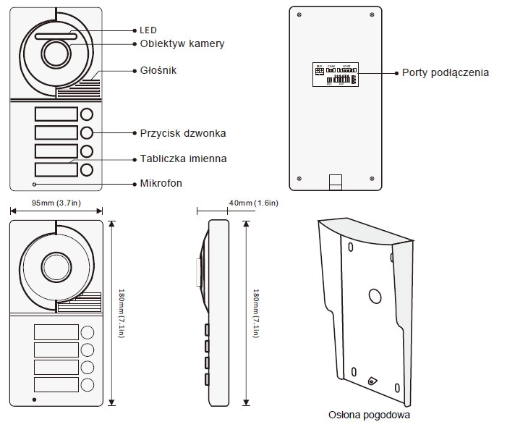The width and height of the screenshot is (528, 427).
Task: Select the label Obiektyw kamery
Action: pos(182,44)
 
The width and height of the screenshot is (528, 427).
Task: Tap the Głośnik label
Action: pos(158,70)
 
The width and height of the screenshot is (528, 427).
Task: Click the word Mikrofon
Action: pos(161,183)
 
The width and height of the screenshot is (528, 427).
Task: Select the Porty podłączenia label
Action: pos(446,72)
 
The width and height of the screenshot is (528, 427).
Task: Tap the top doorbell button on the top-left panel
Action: pos(87,114)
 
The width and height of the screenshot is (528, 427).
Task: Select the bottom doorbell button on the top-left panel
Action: pos(87,170)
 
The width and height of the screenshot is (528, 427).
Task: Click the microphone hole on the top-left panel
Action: pos(35,184)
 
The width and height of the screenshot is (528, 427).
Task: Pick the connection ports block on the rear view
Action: pos(336,74)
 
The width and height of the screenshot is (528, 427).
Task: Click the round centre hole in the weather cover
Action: pos(375,296)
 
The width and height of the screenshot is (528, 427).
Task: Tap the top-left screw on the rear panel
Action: pos(299,15)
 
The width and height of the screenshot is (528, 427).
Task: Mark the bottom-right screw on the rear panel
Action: pos(372,179)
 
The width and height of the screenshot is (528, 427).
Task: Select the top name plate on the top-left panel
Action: pos(56,114)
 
